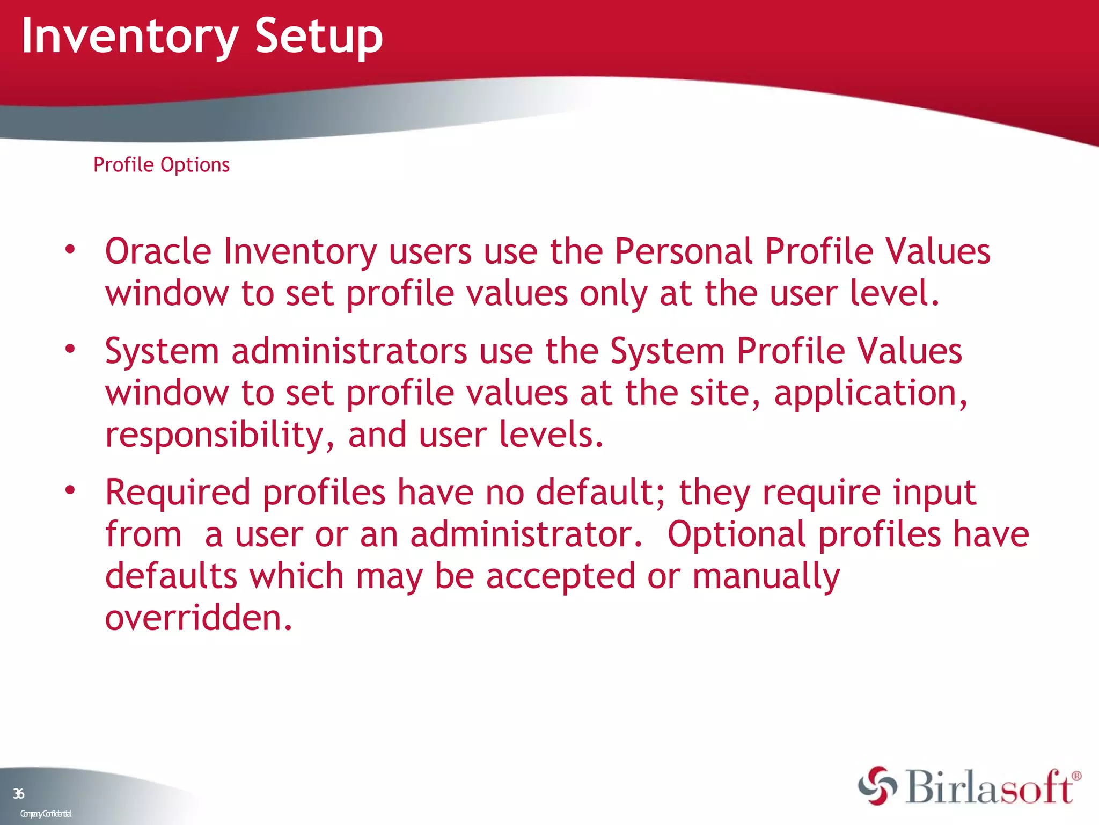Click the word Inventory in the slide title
click(x=129, y=37)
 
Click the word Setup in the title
click(x=319, y=37)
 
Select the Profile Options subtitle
click(x=161, y=165)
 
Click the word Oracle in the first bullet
click(x=158, y=251)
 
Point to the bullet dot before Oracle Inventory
click(x=70, y=249)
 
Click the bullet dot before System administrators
click(x=70, y=349)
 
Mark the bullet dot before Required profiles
click(x=70, y=490)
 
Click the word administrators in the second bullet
click(x=349, y=351)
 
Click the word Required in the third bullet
click(x=178, y=493)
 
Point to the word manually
click(x=766, y=576)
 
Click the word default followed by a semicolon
click(x=599, y=492)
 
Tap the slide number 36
click(x=19, y=793)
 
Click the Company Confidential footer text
click(x=46, y=814)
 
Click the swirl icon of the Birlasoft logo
click(x=877, y=786)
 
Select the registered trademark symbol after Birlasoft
click(x=1076, y=776)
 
